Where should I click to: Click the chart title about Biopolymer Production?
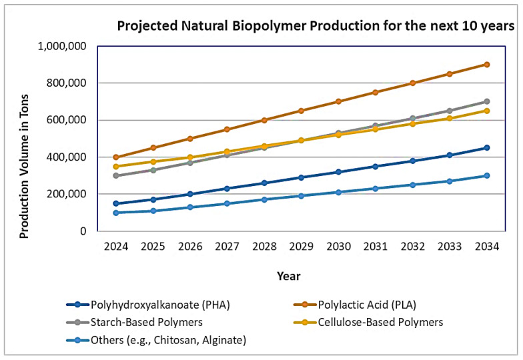coord(316,27)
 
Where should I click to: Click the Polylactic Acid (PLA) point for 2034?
coord(487,65)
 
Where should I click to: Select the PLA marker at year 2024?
coord(116,157)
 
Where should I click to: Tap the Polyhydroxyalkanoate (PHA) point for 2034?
coord(487,148)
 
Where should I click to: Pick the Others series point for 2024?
coord(116,213)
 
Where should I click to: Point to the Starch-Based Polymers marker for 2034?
coord(487,101)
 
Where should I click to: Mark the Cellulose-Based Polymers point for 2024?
coord(116,167)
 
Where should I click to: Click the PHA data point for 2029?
coord(302,177)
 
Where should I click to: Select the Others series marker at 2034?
coord(487,176)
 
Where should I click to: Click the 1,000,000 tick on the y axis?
coord(65,47)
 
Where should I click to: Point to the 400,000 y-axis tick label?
coord(69,157)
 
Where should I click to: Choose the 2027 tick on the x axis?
coord(227,247)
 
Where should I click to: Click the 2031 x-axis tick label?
coord(376,247)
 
